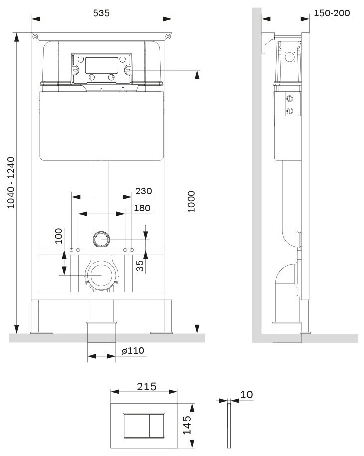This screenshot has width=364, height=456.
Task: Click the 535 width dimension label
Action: tap(101, 13)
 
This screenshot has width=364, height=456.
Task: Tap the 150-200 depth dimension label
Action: tap(332, 13)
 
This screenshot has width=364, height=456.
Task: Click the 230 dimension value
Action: tap(143, 191)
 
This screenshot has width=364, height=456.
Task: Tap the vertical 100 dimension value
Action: tap(59, 234)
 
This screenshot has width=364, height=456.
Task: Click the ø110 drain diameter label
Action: tap(133, 351)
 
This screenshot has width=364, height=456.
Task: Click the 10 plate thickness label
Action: tap(246, 395)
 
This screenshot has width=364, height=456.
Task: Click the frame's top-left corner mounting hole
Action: tap(35, 36)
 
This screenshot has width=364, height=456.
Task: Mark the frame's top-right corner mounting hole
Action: tap(168, 36)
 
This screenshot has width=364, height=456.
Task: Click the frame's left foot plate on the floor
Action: tap(42, 332)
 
